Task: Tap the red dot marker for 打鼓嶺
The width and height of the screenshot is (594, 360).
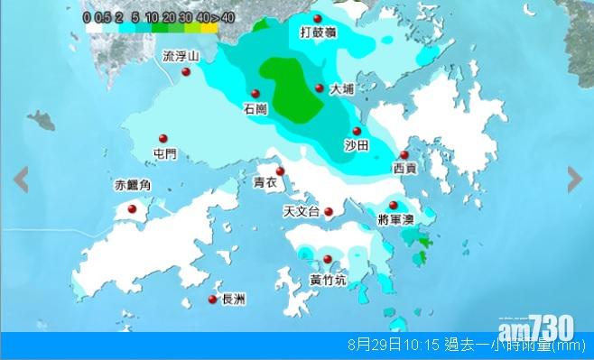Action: [x=317, y=18]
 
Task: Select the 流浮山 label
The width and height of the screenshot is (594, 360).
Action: [x=179, y=56]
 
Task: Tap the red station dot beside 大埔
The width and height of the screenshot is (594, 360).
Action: [x=320, y=88]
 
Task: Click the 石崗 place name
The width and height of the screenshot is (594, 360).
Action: [x=255, y=108]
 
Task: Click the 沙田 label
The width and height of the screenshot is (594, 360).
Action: [x=357, y=145]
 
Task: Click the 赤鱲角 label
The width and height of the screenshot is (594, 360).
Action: [x=132, y=186]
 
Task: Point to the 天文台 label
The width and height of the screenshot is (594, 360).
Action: [x=302, y=212]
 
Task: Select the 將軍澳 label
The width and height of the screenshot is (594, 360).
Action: [x=397, y=220]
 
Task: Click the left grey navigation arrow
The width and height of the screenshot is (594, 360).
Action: [x=20, y=180]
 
